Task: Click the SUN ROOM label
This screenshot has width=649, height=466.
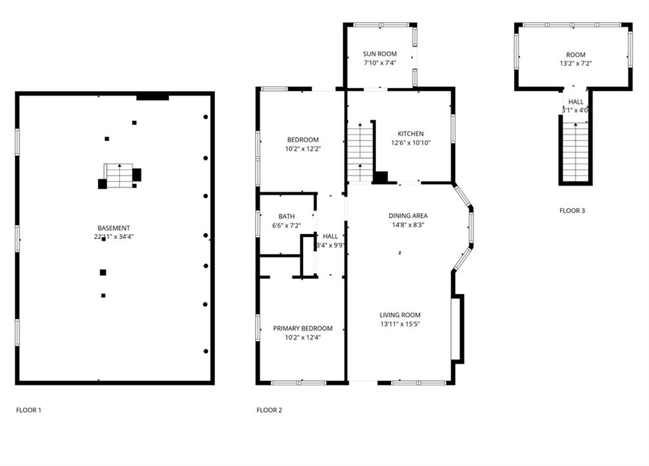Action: [x=380, y=54]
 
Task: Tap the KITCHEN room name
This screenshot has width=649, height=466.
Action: [x=411, y=134]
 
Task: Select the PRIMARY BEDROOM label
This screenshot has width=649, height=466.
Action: [x=302, y=328]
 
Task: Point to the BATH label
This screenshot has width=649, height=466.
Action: [x=286, y=216]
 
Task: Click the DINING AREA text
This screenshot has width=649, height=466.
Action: [x=408, y=216]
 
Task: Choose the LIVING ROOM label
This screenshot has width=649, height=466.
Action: [x=401, y=315]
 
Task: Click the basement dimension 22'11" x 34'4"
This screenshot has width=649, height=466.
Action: [x=114, y=237]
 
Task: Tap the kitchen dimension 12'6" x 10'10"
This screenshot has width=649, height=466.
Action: [x=411, y=143]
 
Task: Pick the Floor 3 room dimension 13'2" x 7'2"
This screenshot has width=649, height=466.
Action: [x=575, y=64]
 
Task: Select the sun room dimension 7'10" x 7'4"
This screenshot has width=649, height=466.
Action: [x=380, y=63]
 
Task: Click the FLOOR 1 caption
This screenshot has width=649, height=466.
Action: [x=29, y=410]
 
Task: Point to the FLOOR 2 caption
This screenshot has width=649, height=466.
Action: [x=269, y=410]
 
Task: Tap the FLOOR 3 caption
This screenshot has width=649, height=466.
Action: [x=572, y=210]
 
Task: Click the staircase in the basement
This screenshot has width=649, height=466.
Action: [x=120, y=176]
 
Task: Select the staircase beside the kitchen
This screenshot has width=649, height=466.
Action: [x=360, y=152]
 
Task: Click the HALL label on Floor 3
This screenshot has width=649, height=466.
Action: [x=575, y=102]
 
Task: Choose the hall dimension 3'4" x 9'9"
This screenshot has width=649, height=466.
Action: [x=330, y=245]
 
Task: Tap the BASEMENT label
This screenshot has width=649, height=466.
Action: [x=114, y=228]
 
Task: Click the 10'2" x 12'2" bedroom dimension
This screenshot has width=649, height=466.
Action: [x=304, y=149]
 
